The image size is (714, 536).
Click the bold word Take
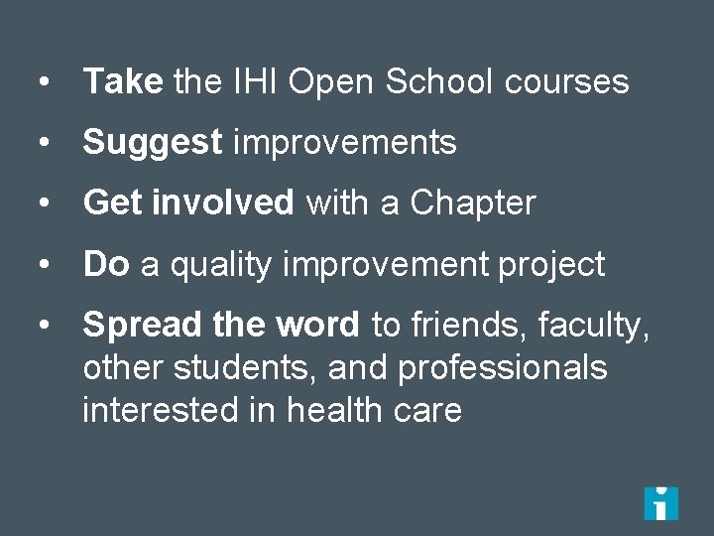tap(123, 81)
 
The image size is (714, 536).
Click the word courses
tap(566, 81)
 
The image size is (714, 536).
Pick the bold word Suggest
tap(153, 144)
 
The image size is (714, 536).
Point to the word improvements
tap(344, 143)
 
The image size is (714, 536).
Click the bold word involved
tap(223, 203)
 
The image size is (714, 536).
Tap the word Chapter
tap(472, 203)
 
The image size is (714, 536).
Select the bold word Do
tap(106, 264)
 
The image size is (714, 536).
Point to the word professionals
tap(502, 368)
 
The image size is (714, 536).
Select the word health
tap(333, 410)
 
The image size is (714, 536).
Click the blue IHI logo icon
tap(660, 503)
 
